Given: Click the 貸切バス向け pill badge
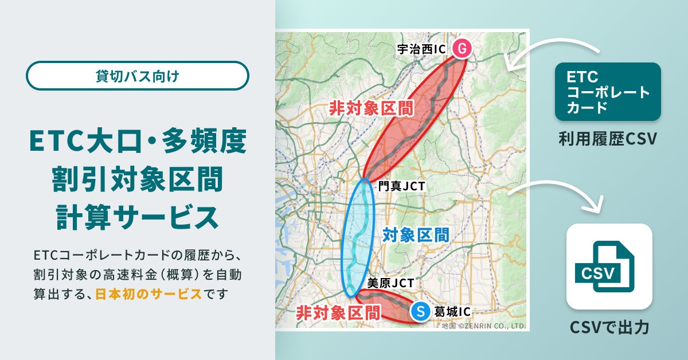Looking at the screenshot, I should click(x=138, y=76).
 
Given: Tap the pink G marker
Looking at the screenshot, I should click(x=461, y=49).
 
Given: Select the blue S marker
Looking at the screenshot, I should click(x=420, y=311).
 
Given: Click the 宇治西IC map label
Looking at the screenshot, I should click(x=421, y=49).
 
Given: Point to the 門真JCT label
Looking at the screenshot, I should click(x=401, y=186).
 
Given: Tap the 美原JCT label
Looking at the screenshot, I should click(x=390, y=283).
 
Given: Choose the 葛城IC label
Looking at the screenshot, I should click(x=452, y=312).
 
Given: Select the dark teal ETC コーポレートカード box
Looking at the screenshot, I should click(x=608, y=92).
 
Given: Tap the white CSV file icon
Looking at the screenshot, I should click(x=609, y=267).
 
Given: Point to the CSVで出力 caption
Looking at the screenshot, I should click(x=609, y=328).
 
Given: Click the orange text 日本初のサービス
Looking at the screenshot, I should click(x=148, y=294).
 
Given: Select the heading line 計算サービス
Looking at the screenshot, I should click(x=138, y=217).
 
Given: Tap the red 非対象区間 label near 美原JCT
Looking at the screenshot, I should click(x=338, y=313).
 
